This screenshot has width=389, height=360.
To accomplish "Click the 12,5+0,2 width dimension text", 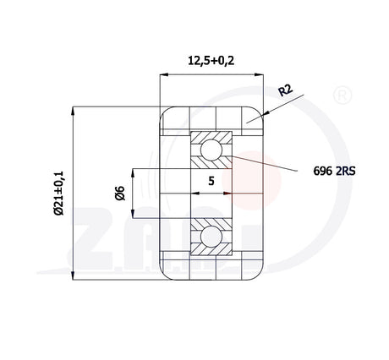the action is [211, 61].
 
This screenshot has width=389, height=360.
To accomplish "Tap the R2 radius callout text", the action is [286, 90].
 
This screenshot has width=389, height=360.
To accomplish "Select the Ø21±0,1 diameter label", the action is [59, 194].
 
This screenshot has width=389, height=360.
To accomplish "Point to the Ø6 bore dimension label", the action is [120, 193].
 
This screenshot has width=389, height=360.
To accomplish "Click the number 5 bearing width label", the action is [211, 181].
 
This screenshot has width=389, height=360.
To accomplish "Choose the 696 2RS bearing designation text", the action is [334, 171].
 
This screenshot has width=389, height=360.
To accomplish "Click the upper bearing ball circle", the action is [211, 150].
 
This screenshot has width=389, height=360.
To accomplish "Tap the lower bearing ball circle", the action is [211, 237].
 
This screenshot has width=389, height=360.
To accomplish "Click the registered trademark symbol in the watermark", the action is [342, 95].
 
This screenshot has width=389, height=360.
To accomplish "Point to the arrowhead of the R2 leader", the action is [265, 113].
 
